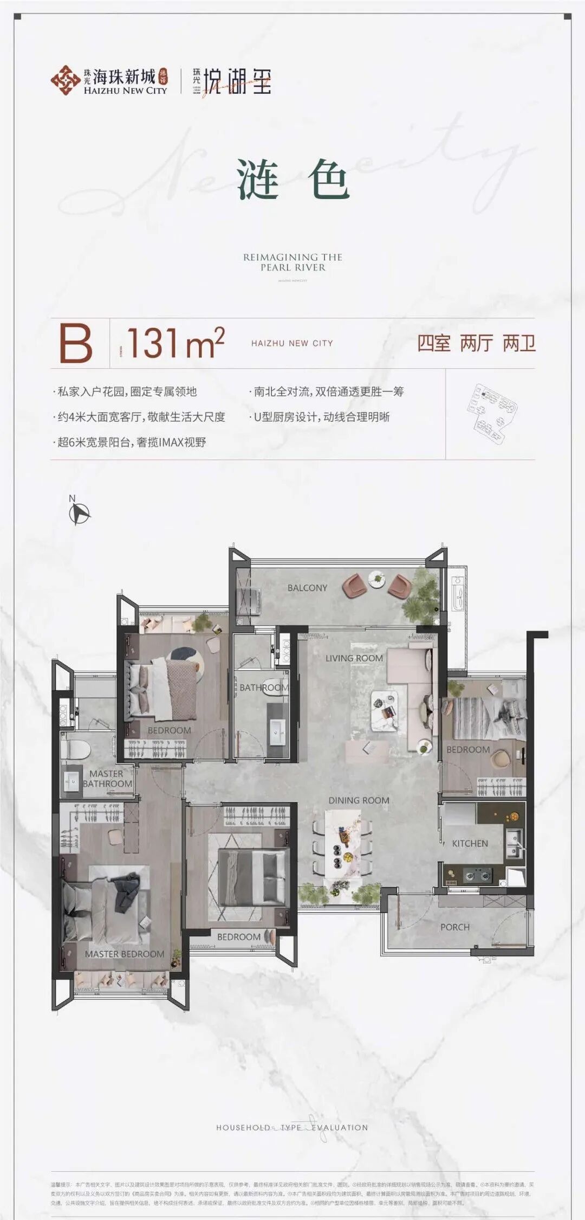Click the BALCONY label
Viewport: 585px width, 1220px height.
(307, 588)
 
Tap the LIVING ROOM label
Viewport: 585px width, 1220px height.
(354, 658)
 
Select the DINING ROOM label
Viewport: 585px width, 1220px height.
(359, 800)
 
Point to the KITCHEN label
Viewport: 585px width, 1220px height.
(470, 843)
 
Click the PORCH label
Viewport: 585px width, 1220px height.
(454, 927)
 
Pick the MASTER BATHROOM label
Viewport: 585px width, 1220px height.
(107, 779)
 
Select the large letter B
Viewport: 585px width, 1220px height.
(76, 343)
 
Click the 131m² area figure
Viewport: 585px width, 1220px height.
(175, 343)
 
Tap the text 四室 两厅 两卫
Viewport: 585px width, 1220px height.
(476, 343)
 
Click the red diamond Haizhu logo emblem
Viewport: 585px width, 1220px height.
(66, 80)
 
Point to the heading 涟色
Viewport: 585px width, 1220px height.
(292, 179)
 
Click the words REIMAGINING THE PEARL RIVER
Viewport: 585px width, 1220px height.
(292, 262)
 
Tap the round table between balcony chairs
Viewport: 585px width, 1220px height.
(375, 580)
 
